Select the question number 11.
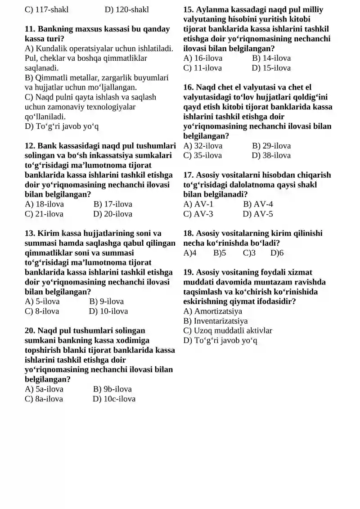[30, 29]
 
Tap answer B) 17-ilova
[112, 204]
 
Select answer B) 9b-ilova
[112, 389]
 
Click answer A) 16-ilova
[203, 58]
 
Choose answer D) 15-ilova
[271, 68]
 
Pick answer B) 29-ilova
[271, 145]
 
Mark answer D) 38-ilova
[271, 155]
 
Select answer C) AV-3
[198, 214]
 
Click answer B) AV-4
[258, 204]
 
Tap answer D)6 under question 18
[277, 253]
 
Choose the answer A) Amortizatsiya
[213, 311]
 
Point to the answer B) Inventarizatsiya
[216, 321]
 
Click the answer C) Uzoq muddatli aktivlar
[228, 330]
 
